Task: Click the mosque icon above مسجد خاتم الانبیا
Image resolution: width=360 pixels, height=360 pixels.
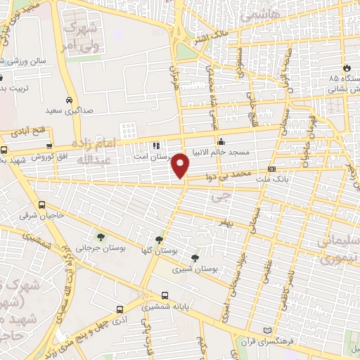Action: (x=221, y=140)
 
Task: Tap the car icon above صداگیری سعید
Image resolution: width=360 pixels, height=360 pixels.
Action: (x=68, y=100)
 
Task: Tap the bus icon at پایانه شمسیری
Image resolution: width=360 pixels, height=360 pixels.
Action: (x=165, y=296)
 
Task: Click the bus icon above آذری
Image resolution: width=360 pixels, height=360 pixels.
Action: (x=120, y=309)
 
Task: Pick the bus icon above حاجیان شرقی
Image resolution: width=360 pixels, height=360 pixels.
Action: (x=41, y=205)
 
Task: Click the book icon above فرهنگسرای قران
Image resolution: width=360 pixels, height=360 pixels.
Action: (x=266, y=330)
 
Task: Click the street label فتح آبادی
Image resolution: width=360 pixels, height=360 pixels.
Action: (x=28, y=131)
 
